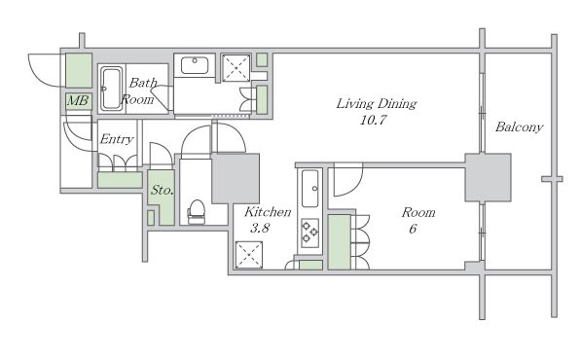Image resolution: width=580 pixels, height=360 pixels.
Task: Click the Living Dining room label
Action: tap(377, 103)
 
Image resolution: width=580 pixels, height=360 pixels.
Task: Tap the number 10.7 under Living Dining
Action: tap(374, 120)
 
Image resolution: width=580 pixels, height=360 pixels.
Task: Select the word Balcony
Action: tap(519, 126)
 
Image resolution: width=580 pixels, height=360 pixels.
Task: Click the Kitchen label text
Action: tap(268, 212)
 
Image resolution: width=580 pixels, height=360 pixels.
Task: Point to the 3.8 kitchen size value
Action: tap(260, 228)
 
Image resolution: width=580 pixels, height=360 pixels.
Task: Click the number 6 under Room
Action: tap(413, 229)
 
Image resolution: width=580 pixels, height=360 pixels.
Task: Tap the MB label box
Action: tap(79, 100)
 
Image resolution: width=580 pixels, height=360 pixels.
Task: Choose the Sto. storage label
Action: tap(162, 190)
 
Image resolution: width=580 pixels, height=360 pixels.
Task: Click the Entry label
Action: tap(117, 139)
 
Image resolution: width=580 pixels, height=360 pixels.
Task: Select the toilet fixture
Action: tap(197, 212)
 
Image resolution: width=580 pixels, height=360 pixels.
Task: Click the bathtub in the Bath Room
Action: tap(111, 89)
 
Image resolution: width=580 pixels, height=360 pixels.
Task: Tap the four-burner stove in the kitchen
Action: tap(310, 233)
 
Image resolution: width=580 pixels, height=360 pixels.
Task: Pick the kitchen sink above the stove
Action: tap(310, 188)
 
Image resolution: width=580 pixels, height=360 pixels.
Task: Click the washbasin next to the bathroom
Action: tap(195, 65)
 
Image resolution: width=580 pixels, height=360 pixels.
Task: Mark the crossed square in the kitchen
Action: tap(249, 255)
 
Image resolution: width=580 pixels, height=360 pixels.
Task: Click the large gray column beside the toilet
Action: tap(236, 178)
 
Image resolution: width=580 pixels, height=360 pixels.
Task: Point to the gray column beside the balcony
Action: tap(488, 178)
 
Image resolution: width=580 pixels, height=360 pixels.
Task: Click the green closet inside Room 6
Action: tap(340, 242)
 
